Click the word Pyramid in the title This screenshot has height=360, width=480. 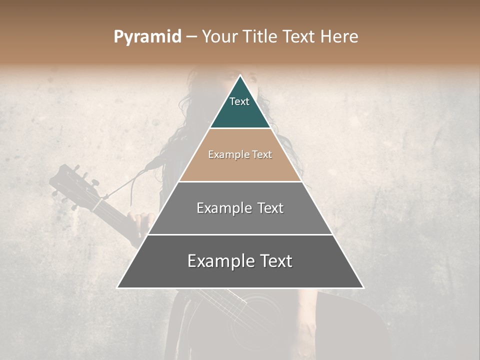147,37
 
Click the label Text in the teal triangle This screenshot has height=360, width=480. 239,101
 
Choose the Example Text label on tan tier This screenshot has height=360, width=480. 240,154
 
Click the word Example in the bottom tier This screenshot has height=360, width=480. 218,261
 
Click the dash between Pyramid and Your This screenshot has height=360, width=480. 191,37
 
